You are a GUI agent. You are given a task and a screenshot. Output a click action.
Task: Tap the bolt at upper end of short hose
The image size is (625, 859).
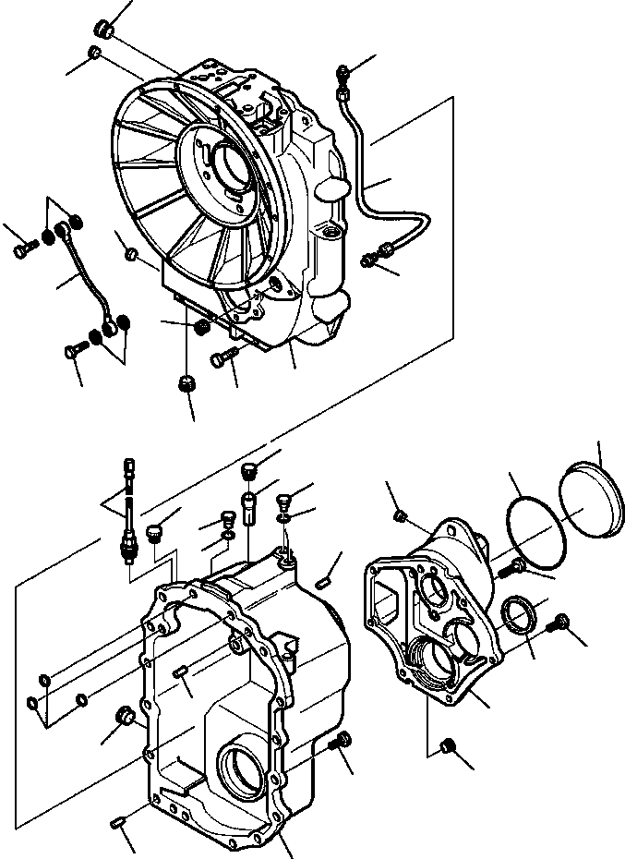coord(27,247)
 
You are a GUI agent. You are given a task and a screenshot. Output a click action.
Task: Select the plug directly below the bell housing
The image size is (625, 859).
coord(188,383)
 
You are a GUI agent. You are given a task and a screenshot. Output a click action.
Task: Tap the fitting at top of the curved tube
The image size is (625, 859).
coord(345,72)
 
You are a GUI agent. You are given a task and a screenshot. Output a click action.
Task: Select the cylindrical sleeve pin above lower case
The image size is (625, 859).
coord(248,508)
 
